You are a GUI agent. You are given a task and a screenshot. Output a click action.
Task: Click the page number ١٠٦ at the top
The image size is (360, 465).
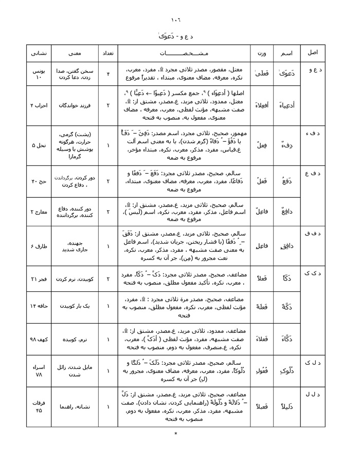point(176,20)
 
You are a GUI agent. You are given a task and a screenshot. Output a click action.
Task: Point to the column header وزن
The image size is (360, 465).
point(262,53)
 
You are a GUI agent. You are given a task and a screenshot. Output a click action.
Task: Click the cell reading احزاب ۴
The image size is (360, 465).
point(39,105)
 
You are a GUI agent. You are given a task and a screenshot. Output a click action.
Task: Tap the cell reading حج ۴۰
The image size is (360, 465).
point(40,181)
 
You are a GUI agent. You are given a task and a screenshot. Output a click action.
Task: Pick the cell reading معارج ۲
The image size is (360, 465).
point(39,211)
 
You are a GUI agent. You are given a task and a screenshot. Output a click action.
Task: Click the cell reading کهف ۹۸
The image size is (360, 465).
point(40,339)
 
